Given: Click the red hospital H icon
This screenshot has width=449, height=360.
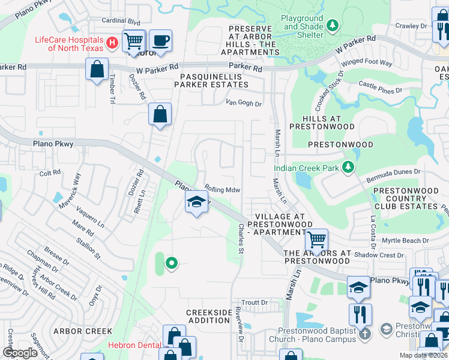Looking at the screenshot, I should [x=111, y=43].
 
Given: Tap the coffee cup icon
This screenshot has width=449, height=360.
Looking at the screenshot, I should [x=160, y=41].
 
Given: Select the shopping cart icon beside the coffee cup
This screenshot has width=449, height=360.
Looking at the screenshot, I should [x=133, y=41].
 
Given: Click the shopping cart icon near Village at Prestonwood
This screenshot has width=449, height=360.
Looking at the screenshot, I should [x=316, y=240].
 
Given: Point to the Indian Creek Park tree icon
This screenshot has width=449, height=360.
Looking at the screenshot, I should [x=348, y=166].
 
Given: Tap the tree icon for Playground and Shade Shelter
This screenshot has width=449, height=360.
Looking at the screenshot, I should [x=332, y=25].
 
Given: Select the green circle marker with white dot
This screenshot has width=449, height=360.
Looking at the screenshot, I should [x=172, y=262].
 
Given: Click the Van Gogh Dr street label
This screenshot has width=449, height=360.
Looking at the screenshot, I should [x=244, y=103].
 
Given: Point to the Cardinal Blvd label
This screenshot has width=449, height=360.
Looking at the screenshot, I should [x=121, y=21].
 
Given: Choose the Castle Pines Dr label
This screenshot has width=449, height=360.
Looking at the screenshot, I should [x=379, y=88].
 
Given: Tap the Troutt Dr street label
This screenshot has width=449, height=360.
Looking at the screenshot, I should [x=254, y=302].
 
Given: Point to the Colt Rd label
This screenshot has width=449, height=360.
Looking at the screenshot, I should [x=50, y=173].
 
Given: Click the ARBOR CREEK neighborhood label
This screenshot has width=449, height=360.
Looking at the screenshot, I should [x=82, y=331].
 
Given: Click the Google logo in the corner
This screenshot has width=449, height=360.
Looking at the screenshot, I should [x=20, y=353].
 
